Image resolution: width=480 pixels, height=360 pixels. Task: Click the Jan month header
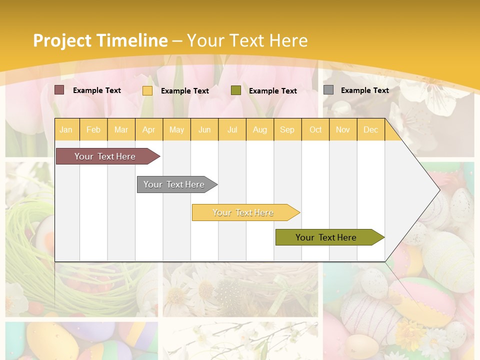click(66, 129)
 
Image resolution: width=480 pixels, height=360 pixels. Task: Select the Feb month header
click(93, 129)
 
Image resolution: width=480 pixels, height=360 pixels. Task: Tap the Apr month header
click(148, 129)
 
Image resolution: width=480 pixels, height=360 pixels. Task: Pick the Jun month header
click(204, 129)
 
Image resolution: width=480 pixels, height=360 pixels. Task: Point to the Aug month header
click(259, 129)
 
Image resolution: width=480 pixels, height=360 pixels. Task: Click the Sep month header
click(287, 129)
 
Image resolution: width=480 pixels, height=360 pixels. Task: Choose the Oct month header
click(315, 129)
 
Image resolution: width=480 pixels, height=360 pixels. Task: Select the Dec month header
click(370, 129)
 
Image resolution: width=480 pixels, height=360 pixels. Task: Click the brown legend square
click(59, 90)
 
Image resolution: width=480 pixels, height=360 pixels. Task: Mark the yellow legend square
click(147, 90)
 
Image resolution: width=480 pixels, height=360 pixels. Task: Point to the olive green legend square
click(236, 90)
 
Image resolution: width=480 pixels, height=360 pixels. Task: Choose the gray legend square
click(328, 90)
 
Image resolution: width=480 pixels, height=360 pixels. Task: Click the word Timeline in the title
click(133, 40)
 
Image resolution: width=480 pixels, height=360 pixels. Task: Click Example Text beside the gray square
click(364, 90)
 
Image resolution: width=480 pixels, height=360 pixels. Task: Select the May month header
click(176, 129)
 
